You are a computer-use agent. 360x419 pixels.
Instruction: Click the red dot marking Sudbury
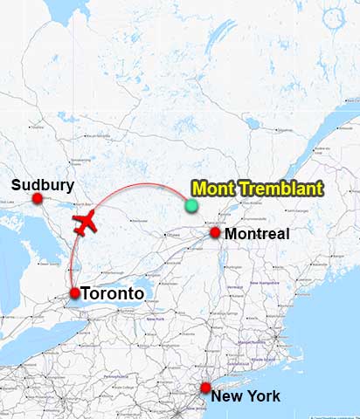[38, 199]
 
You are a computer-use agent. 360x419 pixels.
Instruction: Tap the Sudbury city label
[43, 184]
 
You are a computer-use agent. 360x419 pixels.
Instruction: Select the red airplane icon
[86, 223]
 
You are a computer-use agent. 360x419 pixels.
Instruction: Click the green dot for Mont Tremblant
[191, 206]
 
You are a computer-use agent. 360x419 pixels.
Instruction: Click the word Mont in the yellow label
[212, 188]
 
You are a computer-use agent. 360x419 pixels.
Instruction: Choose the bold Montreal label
[257, 234]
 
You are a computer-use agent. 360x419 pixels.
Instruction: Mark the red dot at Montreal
[215, 233]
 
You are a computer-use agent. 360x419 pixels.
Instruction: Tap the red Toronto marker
[74, 293]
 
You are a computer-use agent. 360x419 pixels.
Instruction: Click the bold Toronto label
[112, 294]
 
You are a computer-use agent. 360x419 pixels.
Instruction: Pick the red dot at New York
[205, 388]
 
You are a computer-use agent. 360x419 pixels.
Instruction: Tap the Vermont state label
[235, 287]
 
